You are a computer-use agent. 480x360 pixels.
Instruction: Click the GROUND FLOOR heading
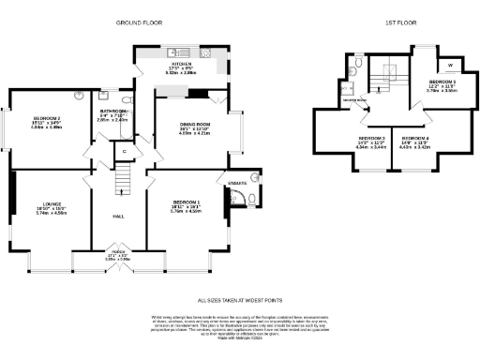138,21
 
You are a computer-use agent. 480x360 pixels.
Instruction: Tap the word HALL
119,217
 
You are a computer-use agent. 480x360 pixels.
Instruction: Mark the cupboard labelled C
124,151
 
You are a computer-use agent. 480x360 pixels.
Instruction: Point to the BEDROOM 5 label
442,82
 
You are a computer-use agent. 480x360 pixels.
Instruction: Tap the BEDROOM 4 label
414,137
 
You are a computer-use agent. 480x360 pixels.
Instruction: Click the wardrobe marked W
451,65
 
